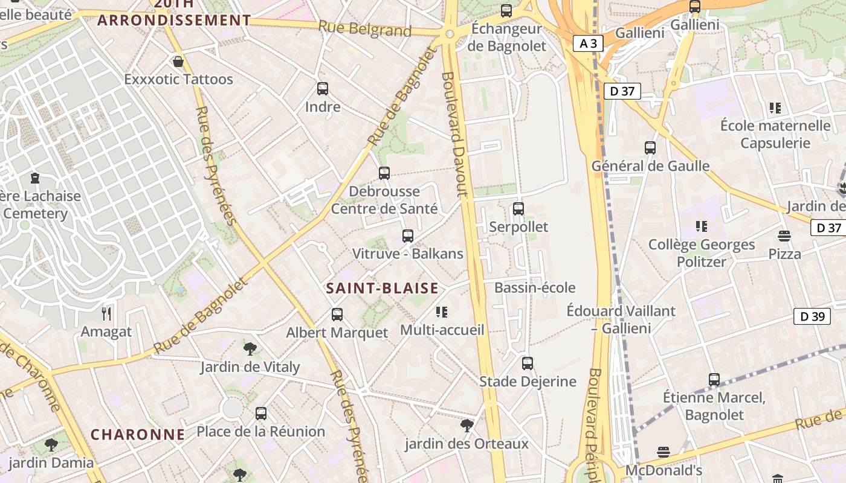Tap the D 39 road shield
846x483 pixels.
point(812,316)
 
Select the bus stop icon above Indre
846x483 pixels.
point(323,89)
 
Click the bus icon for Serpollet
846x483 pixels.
point(518,209)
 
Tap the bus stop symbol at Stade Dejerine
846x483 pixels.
point(528,363)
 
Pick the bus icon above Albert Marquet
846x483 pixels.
point(337,314)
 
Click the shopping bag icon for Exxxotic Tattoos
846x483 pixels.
point(178,62)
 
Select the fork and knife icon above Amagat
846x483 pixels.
point(106,313)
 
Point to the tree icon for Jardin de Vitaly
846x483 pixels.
point(250,348)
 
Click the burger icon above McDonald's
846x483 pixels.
point(664,452)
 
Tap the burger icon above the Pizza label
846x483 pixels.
point(784,235)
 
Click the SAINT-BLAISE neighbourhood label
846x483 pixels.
point(382,288)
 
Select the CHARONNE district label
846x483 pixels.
point(138,434)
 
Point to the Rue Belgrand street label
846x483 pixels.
point(364,28)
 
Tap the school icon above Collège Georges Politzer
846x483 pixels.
point(702,226)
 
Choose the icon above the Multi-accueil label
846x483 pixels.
point(442,312)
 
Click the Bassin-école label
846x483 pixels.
point(535,287)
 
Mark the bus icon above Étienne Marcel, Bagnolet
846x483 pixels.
point(714,380)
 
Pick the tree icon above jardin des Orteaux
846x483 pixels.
point(467,426)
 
